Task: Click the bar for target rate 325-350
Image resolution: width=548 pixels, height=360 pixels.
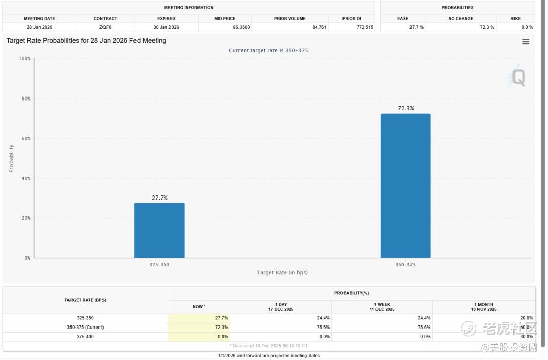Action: coord(159,231)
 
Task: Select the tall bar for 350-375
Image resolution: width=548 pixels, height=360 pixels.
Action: coord(405,186)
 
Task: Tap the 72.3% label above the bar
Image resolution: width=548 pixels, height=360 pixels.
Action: coord(405,108)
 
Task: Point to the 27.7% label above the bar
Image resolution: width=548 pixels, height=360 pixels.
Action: coord(159,198)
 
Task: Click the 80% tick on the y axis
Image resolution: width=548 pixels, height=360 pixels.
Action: coord(25,99)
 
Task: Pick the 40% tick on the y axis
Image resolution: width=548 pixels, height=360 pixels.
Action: coord(25,178)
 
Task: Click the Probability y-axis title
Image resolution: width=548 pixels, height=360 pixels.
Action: coord(11,158)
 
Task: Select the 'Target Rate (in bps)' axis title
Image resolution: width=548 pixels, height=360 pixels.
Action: coord(282,273)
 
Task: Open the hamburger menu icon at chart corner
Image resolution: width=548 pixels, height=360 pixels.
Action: coord(526,42)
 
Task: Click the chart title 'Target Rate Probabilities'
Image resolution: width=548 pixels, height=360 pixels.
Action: coord(86,41)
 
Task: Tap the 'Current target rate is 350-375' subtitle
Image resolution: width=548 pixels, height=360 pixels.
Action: coord(268,50)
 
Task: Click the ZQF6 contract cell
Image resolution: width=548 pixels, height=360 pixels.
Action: coord(106,27)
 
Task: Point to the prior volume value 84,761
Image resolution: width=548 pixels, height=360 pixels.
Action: coord(319,27)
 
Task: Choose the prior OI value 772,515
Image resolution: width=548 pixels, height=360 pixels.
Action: coord(365,27)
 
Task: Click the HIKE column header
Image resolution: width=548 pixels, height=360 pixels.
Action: coord(516,19)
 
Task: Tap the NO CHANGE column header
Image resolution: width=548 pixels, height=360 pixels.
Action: coord(461,19)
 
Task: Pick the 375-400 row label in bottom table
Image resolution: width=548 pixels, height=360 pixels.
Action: coord(85,337)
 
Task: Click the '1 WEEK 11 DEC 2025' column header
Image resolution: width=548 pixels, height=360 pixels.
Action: coord(382,307)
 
